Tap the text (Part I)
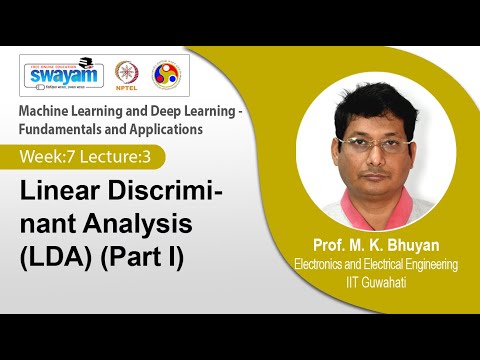coord(158,249)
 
